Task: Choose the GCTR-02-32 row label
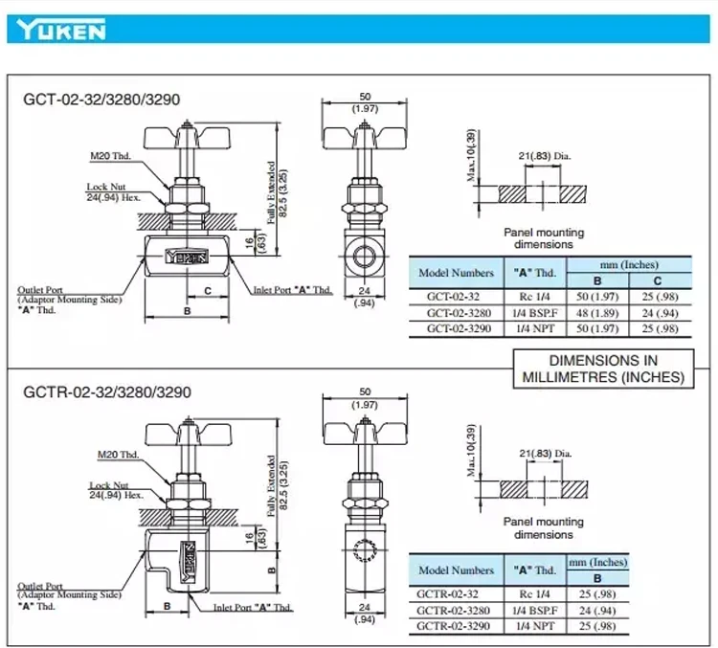[456, 592]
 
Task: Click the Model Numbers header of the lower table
[456, 570]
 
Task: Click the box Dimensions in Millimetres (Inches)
[603, 369]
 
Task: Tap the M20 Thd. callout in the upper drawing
[109, 156]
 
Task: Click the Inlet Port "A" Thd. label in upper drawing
[292, 289]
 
